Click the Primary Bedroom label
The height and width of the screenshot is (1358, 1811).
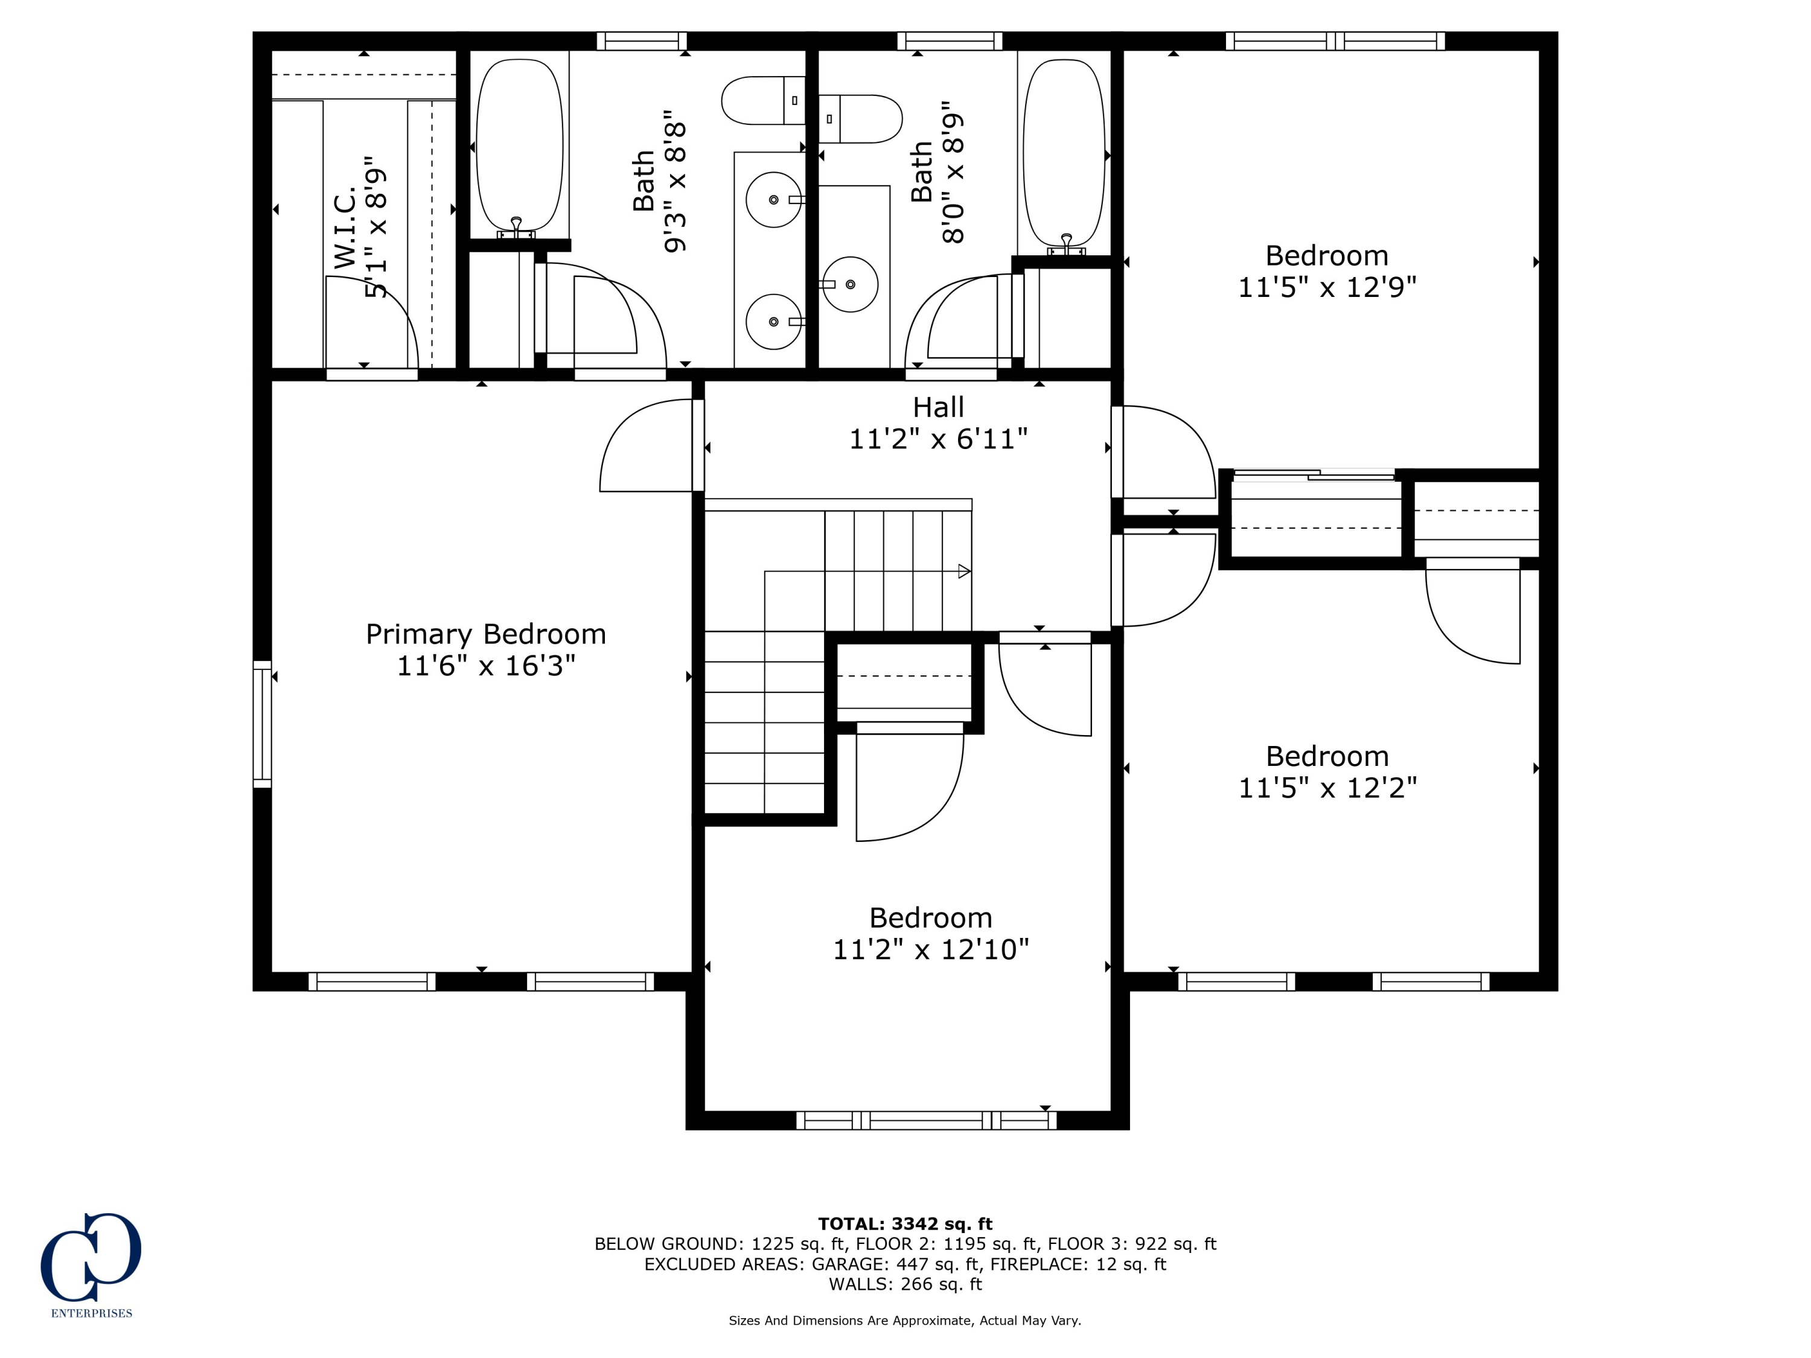[x=485, y=634]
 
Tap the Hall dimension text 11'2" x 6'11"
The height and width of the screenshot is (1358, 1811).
[x=937, y=439]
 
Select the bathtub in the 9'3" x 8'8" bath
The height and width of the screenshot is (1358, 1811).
[x=519, y=145]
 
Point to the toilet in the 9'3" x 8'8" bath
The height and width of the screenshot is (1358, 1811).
[x=761, y=101]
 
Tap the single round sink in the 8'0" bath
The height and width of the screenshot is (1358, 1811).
[x=851, y=284]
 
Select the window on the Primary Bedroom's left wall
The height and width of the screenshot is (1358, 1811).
[x=262, y=724]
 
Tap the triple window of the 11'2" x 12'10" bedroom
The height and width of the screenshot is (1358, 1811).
[x=926, y=1121]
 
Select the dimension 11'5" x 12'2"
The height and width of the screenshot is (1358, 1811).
[x=1326, y=788]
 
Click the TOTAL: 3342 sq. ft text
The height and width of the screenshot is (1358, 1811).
[x=905, y=1224]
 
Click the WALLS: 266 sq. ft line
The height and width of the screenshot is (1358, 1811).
[x=905, y=1284]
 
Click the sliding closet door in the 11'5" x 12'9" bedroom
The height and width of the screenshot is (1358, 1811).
[x=1315, y=475]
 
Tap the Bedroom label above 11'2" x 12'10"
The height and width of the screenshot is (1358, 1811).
[x=930, y=917]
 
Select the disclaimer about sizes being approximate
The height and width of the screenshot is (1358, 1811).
[x=905, y=1321]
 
